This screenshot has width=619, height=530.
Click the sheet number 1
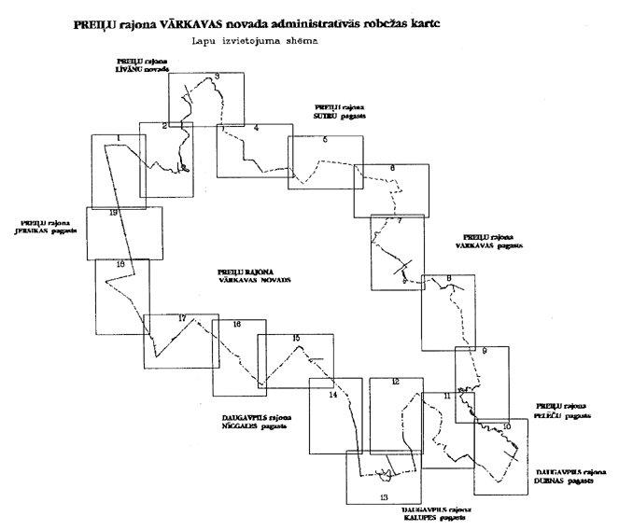(119, 139)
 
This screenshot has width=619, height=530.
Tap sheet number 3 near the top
(217, 77)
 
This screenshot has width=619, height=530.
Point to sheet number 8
(449, 279)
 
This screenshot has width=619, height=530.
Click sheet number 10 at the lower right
(506, 426)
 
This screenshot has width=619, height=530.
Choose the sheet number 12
(396, 382)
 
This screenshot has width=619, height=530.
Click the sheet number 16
(237, 325)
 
